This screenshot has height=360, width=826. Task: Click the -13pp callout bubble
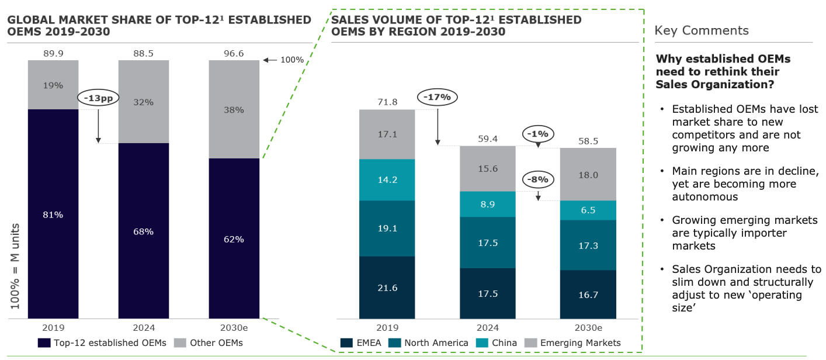[98, 98]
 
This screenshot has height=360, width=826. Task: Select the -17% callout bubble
[438, 97]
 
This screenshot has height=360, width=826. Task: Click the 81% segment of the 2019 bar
[53, 214]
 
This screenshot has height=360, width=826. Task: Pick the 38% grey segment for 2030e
[234, 109]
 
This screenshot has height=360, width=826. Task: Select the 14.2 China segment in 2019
[387, 180]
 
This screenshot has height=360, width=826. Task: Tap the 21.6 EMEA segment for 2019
[387, 288]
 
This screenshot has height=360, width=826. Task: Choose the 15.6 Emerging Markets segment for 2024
[487, 168]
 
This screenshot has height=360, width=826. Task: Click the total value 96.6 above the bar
[234, 53]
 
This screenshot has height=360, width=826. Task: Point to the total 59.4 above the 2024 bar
[487, 139]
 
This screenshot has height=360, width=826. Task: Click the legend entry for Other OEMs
[210, 342]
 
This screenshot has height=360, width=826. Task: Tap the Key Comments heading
[701, 30]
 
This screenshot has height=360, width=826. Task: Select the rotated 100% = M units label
[15, 266]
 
